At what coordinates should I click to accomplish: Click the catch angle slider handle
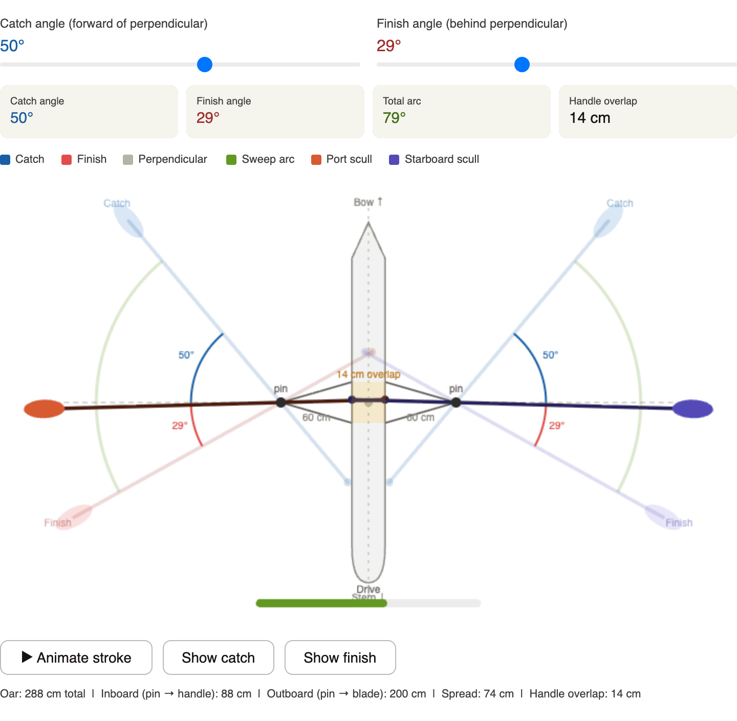(205, 65)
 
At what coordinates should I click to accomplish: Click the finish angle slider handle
(522, 65)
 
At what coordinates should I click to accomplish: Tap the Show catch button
(218, 658)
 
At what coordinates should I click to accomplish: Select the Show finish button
(340, 658)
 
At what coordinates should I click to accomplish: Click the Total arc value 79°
(394, 118)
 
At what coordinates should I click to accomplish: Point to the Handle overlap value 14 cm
(590, 118)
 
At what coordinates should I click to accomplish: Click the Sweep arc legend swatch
(231, 160)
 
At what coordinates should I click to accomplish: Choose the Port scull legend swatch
(316, 160)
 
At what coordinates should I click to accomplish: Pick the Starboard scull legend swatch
(394, 160)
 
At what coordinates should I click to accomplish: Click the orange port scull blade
(44, 409)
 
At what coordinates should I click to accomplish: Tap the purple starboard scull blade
(693, 409)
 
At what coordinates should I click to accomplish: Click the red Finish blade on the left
(75, 517)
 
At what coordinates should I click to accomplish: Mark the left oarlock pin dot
(280, 402)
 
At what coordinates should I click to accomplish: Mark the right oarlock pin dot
(456, 402)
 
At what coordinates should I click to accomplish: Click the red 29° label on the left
(180, 426)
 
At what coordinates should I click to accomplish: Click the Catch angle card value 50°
(21, 118)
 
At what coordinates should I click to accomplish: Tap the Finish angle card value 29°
(208, 118)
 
